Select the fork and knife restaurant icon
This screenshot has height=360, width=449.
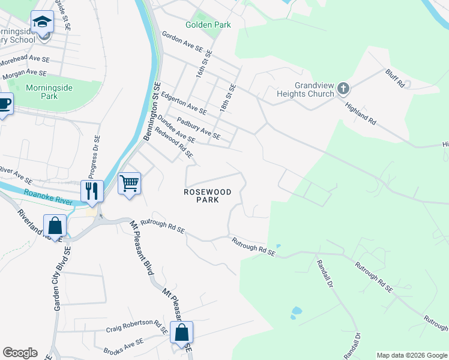(x=92, y=191)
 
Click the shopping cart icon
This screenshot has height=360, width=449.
(x=130, y=184)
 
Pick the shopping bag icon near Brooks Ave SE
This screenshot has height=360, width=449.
(x=181, y=332)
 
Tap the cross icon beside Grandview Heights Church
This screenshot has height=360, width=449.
(x=343, y=89)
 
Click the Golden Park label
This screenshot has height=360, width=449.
(x=208, y=25)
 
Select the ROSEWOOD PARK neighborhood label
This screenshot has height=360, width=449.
(x=205, y=195)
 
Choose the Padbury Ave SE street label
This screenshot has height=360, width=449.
(x=199, y=126)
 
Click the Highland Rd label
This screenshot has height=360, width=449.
(x=361, y=112)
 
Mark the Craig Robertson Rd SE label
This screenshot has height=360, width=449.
(x=137, y=328)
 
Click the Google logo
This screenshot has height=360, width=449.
(x=20, y=353)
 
